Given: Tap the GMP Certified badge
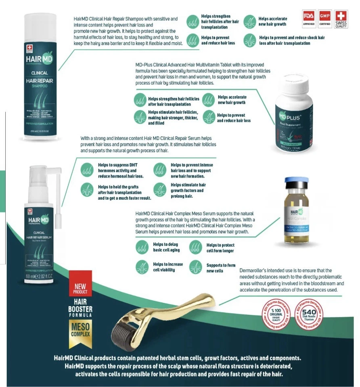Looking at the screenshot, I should point(325,19).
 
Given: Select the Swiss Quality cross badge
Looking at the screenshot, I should point(341,19).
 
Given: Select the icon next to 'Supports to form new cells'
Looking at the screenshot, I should point(196,267).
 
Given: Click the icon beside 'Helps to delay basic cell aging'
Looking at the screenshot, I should point(142,247).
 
